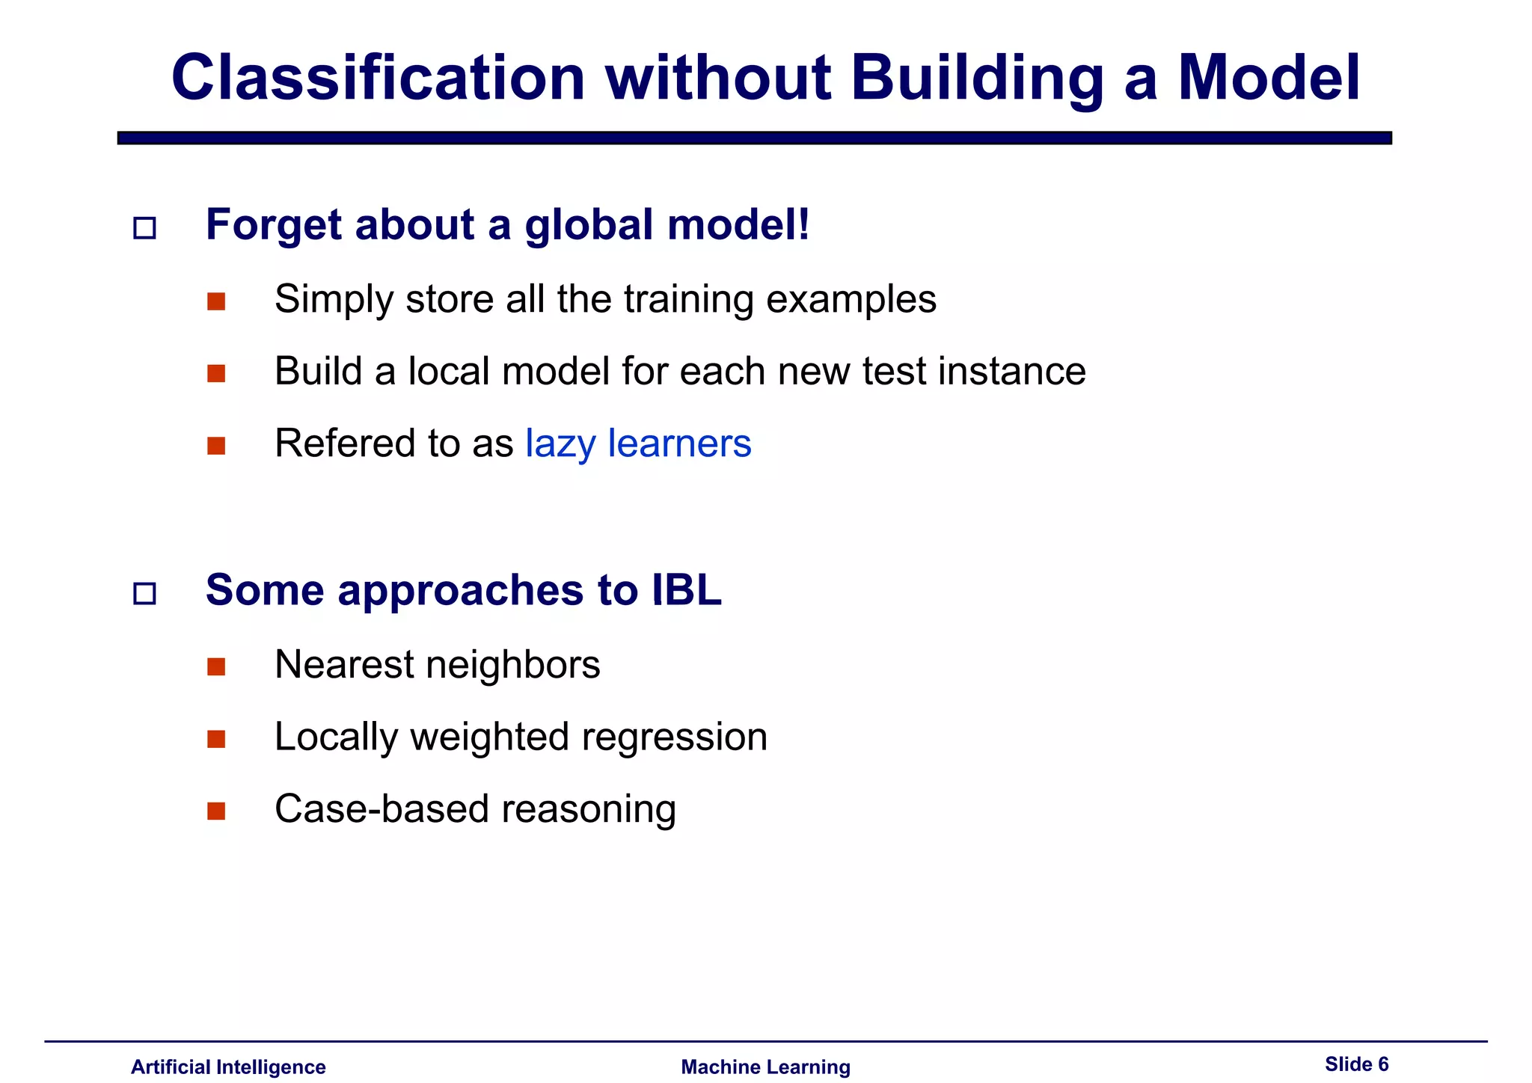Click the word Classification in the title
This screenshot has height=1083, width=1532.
(x=378, y=78)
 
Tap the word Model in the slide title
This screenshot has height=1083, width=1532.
(x=1269, y=78)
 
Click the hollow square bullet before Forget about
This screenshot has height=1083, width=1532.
(x=144, y=228)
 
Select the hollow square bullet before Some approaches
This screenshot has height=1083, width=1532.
(x=144, y=594)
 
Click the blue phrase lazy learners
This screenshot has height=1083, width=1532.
(x=638, y=443)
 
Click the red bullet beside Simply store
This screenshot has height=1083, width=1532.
(x=216, y=301)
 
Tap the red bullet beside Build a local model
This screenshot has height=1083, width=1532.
(x=216, y=373)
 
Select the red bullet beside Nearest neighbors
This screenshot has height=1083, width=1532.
(x=216, y=666)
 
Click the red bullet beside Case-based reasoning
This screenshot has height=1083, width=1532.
(x=216, y=811)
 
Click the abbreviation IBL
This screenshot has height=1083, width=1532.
(x=686, y=590)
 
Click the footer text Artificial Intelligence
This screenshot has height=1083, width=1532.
(x=228, y=1067)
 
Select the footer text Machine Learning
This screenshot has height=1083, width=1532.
(x=765, y=1067)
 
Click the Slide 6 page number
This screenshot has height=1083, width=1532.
(x=1356, y=1064)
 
